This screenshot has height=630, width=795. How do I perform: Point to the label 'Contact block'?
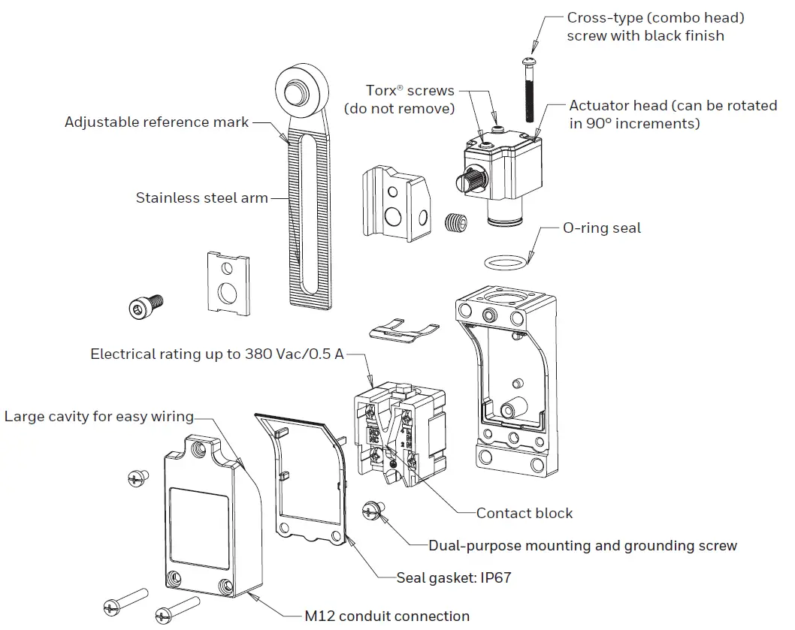tap(524, 514)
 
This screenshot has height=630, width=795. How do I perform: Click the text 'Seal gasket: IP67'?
tap(455, 578)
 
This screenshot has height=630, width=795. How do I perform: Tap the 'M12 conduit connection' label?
tap(387, 616)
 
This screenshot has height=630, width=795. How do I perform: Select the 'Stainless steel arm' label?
tap(201, 198)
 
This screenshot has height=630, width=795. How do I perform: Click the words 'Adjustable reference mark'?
tap(156, 122)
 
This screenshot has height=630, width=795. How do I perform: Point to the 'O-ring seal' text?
tap(602, 228)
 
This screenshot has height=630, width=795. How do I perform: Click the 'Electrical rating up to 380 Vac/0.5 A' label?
tap(217, 354)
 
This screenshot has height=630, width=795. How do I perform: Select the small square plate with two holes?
tap(228, 282)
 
